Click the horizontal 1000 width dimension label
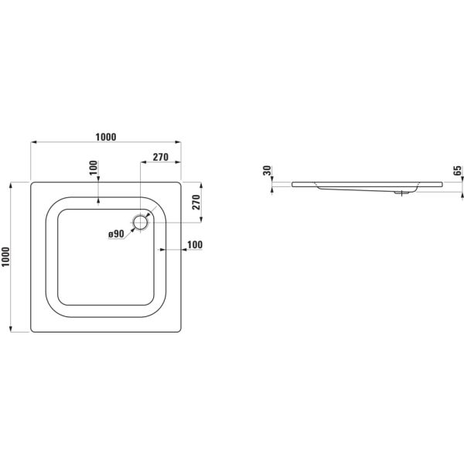[106, 137]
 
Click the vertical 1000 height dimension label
[5, 257]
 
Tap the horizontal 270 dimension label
[160, 157]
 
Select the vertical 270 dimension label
[196, 202]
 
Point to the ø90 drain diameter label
[116, 234]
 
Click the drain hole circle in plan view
[140, 222]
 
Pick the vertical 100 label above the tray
[94, 168]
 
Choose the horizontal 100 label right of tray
[195, 244]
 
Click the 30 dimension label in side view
[267, 170]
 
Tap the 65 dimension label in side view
[458, 170]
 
